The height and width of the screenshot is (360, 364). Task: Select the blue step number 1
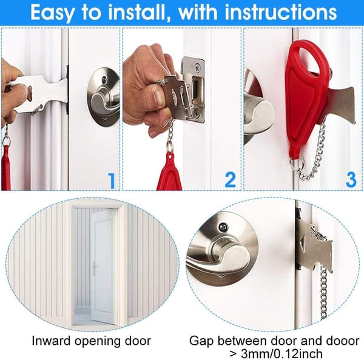(x=112, y=181)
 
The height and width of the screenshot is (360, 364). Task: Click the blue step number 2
(x=231, y=179)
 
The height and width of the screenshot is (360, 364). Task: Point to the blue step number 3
(x=351, y=179)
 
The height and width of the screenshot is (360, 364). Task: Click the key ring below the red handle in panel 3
(x=297, y=164)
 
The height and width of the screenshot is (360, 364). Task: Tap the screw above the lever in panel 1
(x=104, y=79)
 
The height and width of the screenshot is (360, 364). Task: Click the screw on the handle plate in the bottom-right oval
(x=223, y=227)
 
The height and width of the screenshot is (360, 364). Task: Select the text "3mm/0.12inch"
(x=281, y=354)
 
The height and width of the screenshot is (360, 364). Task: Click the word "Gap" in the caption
(x=201, y=342)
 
